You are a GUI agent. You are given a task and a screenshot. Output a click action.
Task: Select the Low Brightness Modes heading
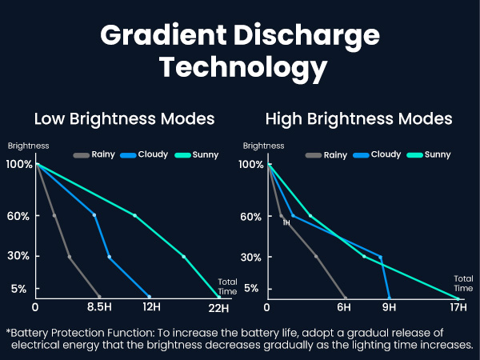[x=124, y=119]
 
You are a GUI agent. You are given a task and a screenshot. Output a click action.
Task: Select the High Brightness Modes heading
[x=358, y=119]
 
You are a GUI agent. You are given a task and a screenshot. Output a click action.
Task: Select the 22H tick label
[x=218, y=308]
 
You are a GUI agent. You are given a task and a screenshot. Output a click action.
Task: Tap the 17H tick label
[x=458, y=308]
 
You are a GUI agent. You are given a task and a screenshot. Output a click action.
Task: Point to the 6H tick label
[x=344, y=308]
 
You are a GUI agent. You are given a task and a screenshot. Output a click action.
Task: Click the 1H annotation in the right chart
[x=286, y=223]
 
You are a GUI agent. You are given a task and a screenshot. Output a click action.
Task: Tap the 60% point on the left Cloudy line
[x=94, y=215]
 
